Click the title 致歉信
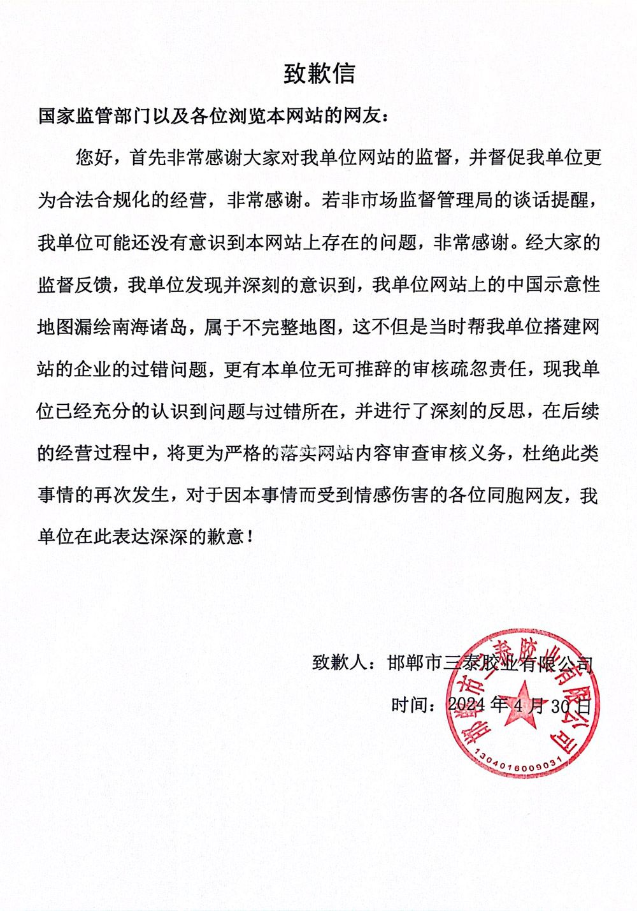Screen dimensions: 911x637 point(318,74)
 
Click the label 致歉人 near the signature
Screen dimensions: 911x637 point(340,663)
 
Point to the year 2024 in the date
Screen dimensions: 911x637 point(468,705)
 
